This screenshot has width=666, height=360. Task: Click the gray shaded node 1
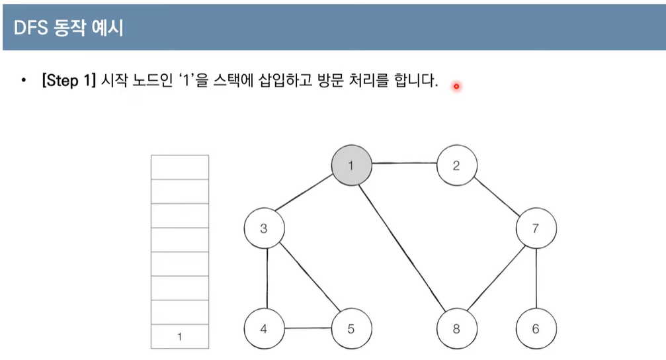(351, 165)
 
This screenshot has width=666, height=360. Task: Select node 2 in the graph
(456, 165)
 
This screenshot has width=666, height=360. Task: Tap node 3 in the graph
(264, 229)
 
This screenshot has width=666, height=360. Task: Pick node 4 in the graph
(264, 328)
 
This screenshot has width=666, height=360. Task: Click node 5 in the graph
(351, 328)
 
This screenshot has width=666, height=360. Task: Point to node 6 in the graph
(536, 328)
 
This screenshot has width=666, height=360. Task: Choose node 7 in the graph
(536, 229)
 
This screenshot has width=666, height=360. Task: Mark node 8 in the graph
(456, 328)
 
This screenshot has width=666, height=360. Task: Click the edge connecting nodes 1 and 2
(403, 165)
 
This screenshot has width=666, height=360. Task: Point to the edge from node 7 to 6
(536, 279)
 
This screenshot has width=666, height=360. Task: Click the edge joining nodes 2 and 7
(497, 198)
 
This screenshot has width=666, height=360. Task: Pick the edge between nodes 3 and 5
(308, 279)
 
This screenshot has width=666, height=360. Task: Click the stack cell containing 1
(180, 337)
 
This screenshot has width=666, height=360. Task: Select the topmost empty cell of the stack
(180, 167)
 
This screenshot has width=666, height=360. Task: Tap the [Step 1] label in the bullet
(69, 83)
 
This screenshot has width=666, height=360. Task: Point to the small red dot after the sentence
(456, 85)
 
